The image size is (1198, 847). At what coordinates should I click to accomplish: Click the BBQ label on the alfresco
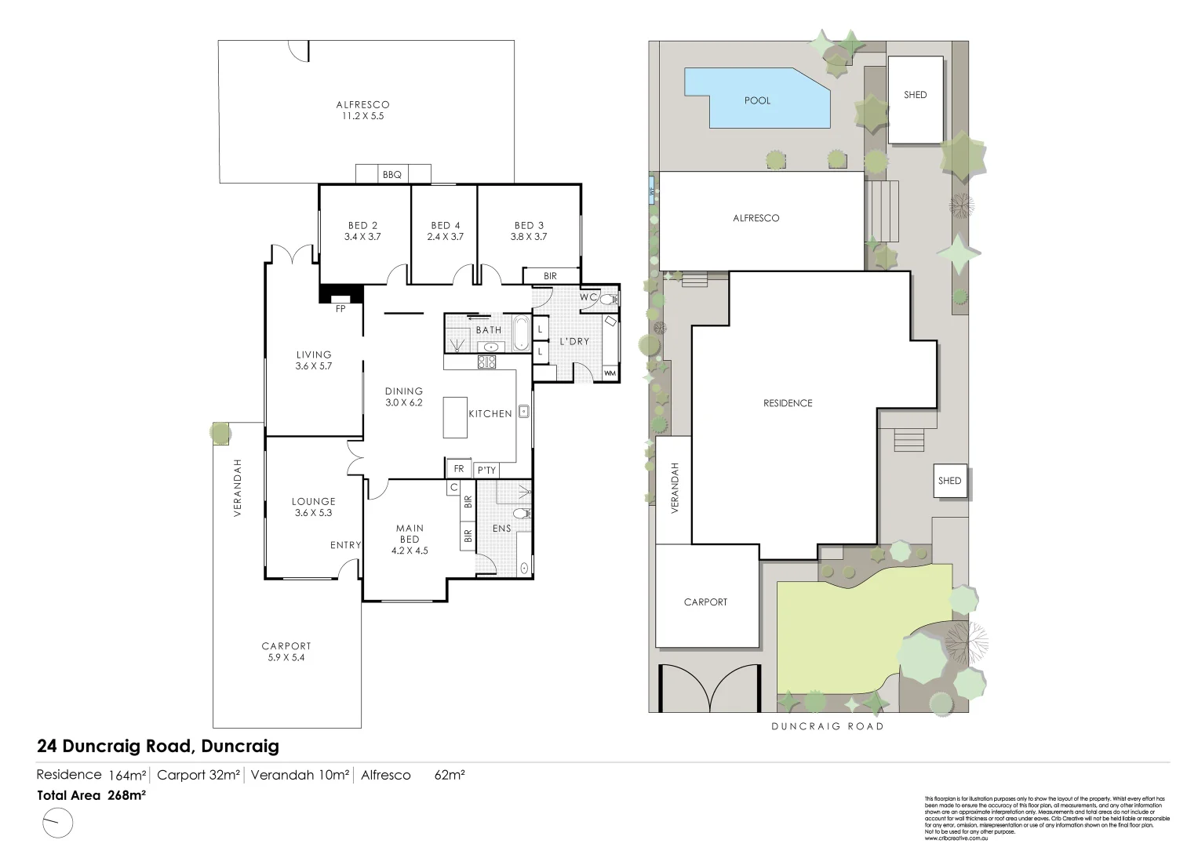[391, 175]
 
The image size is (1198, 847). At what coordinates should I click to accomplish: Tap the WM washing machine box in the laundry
[610, 373]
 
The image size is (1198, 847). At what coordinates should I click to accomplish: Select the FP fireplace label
[340, 309]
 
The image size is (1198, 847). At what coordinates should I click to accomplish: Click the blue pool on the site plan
[757, 100]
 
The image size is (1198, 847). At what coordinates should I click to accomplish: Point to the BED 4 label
[446, 226]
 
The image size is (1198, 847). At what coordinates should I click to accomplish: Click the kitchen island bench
[455, 417]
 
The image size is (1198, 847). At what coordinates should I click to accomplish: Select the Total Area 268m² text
[92, 795]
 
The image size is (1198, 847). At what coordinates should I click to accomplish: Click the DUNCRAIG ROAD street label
[827, 726]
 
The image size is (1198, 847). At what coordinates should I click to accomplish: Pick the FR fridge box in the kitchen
[459, 469]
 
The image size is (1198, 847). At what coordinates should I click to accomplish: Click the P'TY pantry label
[486, 470]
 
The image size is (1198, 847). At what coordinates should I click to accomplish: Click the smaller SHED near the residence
[949, 481]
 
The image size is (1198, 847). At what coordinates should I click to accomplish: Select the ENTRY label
[345, 545]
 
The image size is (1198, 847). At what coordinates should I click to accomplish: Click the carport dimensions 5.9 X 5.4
[286, 657]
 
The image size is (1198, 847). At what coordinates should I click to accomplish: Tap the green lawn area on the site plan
[863, 627]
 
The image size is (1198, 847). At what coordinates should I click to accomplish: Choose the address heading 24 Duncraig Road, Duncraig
[158, 746]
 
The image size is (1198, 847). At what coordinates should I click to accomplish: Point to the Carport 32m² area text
[198, 776]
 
